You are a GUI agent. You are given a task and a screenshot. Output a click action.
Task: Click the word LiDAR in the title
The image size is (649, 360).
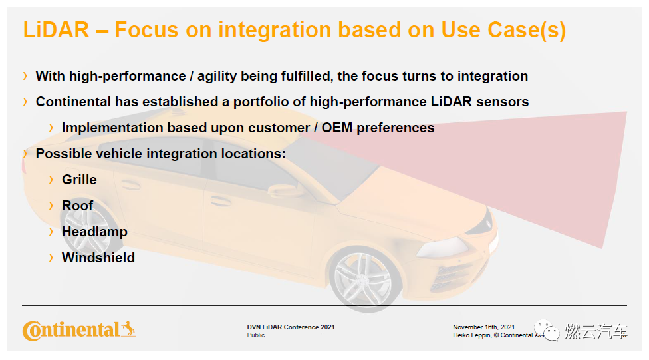pos(56,30)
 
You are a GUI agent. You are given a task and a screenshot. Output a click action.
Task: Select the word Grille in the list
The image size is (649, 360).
pos(79,180)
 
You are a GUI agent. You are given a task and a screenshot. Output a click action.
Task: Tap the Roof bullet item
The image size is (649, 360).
pos(77,206)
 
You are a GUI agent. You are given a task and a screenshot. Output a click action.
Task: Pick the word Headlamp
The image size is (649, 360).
pos(94,232)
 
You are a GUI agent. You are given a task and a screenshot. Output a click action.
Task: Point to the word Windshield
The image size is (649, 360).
pos(98,258)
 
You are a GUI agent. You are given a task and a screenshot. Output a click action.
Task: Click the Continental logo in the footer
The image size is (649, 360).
pos(79,331)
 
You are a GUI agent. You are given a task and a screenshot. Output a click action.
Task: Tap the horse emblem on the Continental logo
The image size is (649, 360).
pos(128,329)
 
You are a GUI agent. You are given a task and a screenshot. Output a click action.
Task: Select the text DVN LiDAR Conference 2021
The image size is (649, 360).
pos(291,327)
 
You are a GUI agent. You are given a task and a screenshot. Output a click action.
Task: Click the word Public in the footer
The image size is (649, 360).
pos(256,335)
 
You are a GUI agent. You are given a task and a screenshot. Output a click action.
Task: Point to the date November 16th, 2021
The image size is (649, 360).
pos(483,327)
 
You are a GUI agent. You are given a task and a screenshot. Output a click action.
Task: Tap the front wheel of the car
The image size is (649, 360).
pos(364,279)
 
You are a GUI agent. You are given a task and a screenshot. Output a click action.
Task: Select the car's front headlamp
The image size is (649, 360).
pos(442,247)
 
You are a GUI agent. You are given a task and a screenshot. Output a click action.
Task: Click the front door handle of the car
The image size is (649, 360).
pos(221,202)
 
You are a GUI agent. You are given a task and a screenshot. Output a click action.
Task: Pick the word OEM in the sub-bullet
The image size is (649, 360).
pos(337,128)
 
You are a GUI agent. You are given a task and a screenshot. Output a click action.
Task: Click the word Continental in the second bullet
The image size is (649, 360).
pos(74,102)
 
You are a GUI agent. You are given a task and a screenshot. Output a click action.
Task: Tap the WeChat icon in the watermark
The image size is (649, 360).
pos(547,331)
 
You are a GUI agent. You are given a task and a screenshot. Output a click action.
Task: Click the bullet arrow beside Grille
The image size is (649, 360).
pos(51,180)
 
